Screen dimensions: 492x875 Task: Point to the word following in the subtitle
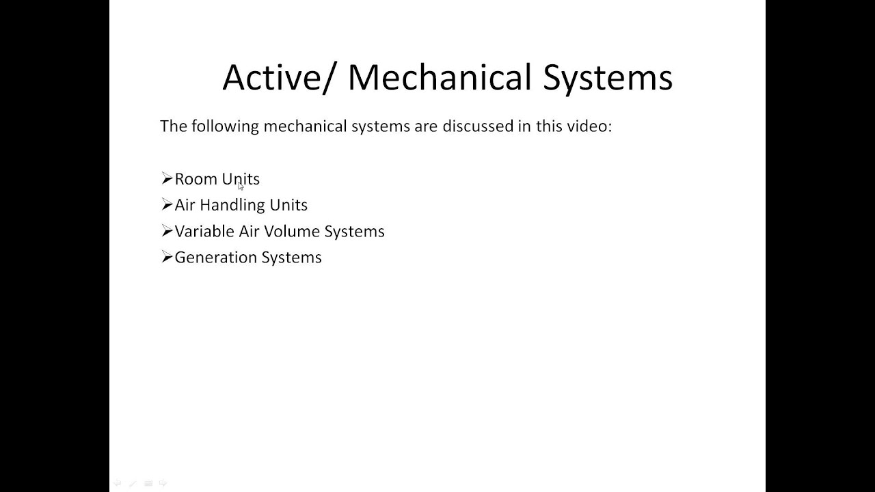(225, 126)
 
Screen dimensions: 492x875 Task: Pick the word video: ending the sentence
(589, 126)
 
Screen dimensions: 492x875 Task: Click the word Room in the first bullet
(196, 179)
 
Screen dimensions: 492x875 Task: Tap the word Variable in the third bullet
(204, 231)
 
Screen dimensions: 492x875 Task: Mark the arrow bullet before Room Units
(167, 178)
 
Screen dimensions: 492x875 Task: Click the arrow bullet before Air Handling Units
(167, 204)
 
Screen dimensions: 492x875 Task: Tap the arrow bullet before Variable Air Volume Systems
(167, 231)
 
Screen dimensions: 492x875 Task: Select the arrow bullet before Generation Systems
(167, 257)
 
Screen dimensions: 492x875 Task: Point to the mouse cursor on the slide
(241, 186)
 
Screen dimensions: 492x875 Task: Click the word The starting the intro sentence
(173, 126)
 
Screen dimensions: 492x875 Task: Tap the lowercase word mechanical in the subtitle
(305, 126)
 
